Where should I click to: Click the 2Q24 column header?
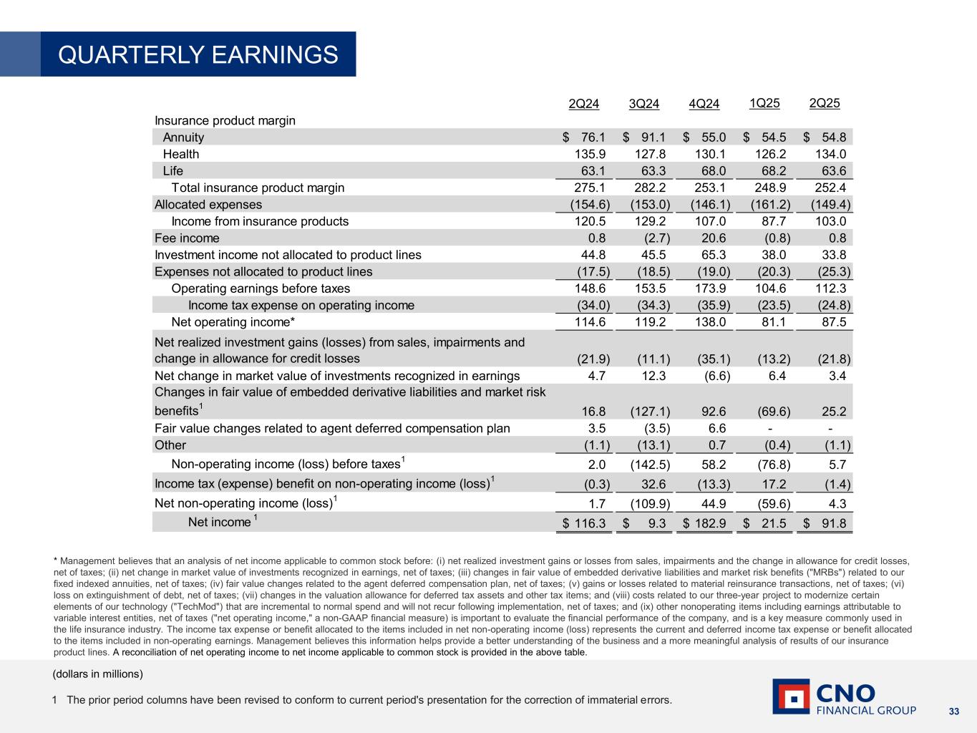pyautogui.click(x=583, y=104)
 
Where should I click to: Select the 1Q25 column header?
pyautogui.click(x=764, y=103)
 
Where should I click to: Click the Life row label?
pyautogui.click(x=173, y=171)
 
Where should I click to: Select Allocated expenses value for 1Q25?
pyautogui.click(x=767, y=205)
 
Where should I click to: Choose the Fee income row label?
pyautogui.click(x=187, y=238)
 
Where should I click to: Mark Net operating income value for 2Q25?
pyautogui.click(x=833, y=322)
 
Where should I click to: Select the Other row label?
pyautogui.click(x=170, y=445)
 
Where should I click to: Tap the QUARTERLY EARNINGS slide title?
pyautogui.click(x=198, y=54)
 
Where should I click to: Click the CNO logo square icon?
pyautogui.click(x=791, y=696)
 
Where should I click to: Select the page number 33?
pyautogui.click(x=953, y=712)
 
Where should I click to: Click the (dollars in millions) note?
pyautogui.click(x=98, y=674)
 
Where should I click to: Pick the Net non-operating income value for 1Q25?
pyautogui.click(x=770, y=503)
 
